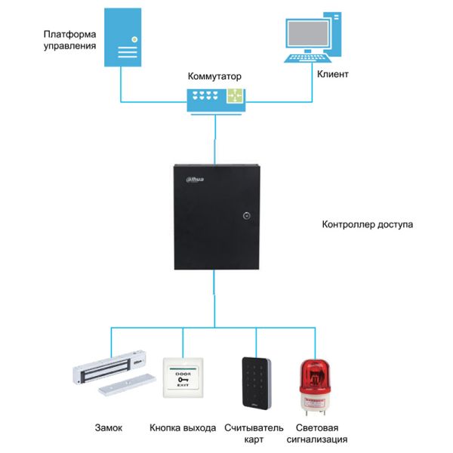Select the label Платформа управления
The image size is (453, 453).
coord(69,39)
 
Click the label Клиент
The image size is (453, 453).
coord(332,75)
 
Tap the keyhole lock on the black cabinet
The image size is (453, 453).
coord(247,216)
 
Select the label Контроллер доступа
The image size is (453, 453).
coord(367,224)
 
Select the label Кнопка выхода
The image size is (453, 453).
coord(183,427)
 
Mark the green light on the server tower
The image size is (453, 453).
coord(133,38)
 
